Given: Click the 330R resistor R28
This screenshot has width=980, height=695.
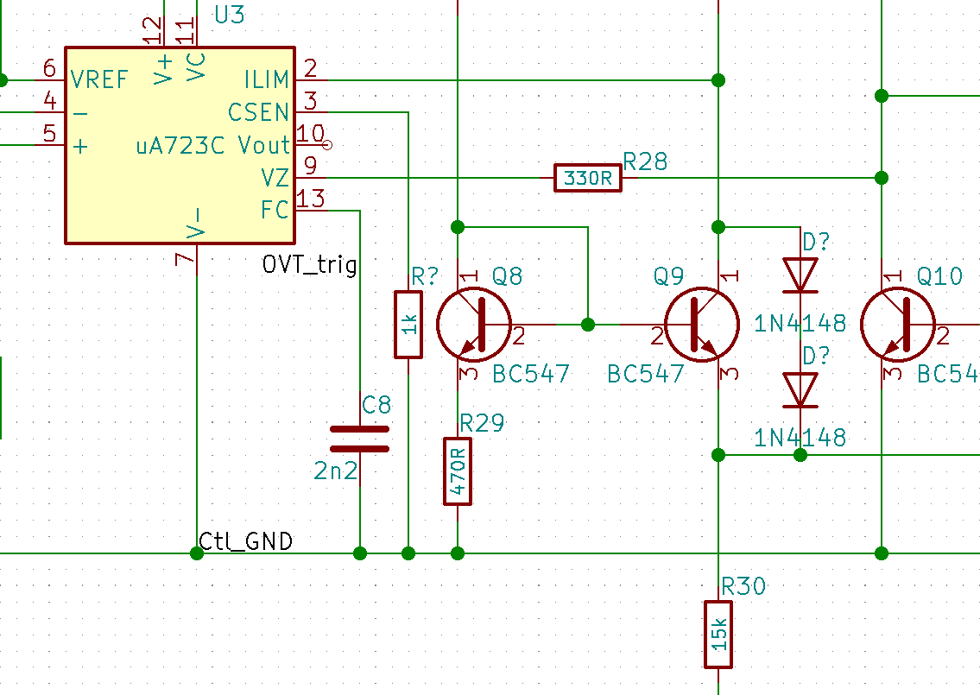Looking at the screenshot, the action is pos(587,178).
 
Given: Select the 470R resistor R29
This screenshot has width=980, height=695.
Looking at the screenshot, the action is pos(458,471).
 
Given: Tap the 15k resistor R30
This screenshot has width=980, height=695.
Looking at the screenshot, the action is pos(718,635).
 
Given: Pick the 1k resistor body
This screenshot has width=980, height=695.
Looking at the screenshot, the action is pos(408,325).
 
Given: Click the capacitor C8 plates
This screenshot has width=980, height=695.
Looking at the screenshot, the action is pos(359,439).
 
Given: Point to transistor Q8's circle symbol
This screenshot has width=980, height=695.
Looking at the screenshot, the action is pos(474,325).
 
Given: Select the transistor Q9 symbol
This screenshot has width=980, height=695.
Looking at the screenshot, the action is pos(702,325).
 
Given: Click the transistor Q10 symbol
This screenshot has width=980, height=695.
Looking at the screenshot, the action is pos(898,325).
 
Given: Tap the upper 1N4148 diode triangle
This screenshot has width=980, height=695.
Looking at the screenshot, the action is pos(800,275).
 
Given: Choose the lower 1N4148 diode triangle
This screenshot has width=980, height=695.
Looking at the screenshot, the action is pos(800,390).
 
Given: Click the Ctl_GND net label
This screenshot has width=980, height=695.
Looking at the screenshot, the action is pos(245,541).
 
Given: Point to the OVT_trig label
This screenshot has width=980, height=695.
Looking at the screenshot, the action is pos(310,264).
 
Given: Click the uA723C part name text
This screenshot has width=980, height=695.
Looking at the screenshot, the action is pos(180,146).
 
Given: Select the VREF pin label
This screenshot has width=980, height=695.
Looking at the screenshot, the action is pos(99,80).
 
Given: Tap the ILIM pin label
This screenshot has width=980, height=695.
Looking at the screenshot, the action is pos(266,80).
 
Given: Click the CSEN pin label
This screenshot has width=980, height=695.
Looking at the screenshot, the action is pos(258,112).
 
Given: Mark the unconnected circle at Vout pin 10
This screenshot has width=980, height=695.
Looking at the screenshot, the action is pos(327,145).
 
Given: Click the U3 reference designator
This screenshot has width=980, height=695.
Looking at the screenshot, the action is pos(230,15).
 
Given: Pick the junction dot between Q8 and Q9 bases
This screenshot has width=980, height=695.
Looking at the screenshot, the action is pos(587,325).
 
